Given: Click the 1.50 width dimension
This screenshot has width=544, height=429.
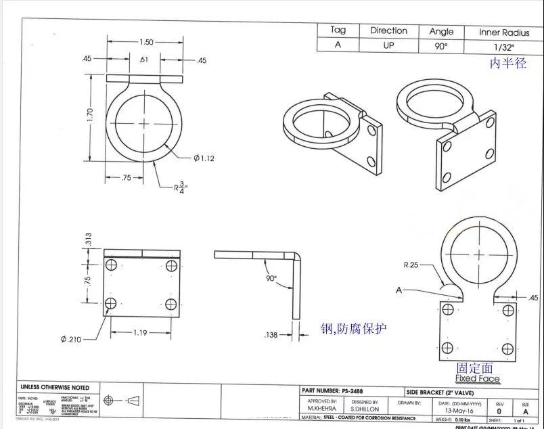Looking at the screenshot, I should point(145,42).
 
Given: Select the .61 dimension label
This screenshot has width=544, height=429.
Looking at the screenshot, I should point(143,60).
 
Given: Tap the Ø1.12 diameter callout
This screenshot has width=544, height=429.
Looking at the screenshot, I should point(204,158).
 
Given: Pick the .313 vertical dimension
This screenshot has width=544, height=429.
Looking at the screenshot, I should point(89,240).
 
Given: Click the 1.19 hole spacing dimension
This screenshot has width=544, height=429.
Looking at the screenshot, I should point(141,332).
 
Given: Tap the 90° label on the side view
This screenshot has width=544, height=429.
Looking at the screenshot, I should point(272,279).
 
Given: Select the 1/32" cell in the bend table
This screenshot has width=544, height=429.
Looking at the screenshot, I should point(503,46).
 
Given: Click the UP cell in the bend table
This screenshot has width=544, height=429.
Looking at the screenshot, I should point(388,46).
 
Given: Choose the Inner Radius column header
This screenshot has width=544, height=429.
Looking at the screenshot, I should point(503,31).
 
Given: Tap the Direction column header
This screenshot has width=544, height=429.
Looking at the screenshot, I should point(388,30).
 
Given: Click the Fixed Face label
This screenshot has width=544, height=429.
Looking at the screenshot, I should point(477,378).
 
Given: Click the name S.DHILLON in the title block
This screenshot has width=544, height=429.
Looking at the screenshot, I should point(365,409).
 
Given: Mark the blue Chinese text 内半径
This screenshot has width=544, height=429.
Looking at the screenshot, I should point(508,64).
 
